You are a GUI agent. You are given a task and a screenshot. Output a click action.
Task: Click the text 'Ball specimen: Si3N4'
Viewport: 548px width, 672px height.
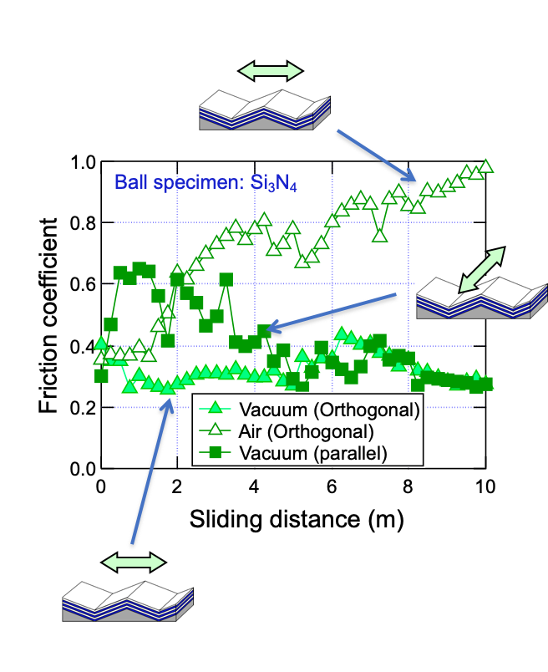coord(205,182)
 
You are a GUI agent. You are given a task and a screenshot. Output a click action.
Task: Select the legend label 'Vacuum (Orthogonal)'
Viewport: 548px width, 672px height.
coord(328,410)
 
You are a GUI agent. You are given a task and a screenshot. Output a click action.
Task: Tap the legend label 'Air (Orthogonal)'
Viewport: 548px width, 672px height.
coord(306,431)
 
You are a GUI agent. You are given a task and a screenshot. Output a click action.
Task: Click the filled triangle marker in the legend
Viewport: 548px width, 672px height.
coord(216,409)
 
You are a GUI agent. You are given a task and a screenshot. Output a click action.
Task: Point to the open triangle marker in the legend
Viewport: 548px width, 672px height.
coord(216,430)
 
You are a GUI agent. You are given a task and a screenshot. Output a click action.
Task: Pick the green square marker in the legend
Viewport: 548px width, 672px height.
coord(216,453)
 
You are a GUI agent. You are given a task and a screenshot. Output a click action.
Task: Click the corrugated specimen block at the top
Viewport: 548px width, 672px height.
coord(264,109)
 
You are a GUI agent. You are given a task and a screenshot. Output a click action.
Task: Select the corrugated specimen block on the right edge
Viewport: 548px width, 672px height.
coord(481,297)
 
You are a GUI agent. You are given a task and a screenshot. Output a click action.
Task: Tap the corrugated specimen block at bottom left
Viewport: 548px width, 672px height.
coord(127,601)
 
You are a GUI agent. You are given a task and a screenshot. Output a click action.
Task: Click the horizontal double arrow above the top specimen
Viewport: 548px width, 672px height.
coord(270,71)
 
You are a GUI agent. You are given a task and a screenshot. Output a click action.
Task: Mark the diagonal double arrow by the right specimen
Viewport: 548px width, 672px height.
coord(480,268)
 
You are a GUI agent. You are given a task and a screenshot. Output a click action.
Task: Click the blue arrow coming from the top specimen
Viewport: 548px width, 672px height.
coord(375,155)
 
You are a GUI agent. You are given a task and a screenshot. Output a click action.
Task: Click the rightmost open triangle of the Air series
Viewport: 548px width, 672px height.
coord(485,165)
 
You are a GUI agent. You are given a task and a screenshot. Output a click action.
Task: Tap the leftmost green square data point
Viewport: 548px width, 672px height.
coord(101,376)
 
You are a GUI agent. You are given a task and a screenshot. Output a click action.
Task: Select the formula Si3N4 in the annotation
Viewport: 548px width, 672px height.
coord(274,183)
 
